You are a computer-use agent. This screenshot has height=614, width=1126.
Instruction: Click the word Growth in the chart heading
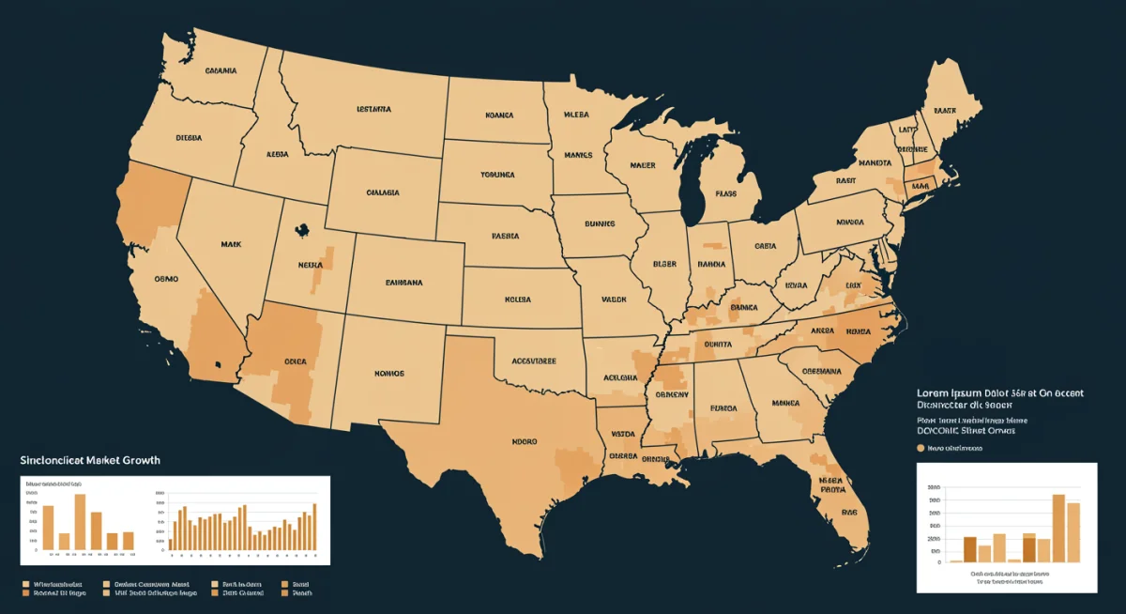point(137,460)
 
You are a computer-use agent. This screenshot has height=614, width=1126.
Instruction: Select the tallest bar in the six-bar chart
point(80,521)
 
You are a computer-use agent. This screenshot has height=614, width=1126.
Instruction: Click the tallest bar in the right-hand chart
point(1058,528)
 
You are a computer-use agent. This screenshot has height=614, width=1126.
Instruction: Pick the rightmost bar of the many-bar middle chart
point(314,527)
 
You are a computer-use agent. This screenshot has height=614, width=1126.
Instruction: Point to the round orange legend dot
point(920,449)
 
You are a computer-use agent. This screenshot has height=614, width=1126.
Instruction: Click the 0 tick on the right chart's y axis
point(938,562)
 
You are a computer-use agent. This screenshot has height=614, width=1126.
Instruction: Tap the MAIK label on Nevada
point(231,244)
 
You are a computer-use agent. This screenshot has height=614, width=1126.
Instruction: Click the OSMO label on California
point(166,279)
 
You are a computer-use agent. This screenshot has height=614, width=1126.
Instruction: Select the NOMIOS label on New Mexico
point(388,373)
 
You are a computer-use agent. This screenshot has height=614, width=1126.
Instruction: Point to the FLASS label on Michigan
point(726,194)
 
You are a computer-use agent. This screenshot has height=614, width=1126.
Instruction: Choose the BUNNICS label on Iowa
point(599,224)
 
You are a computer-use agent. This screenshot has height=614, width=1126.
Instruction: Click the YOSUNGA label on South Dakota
point(497,175)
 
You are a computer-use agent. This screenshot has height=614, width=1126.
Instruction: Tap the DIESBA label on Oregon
point(189,137)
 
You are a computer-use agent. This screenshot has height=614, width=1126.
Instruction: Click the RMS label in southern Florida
point(849,513)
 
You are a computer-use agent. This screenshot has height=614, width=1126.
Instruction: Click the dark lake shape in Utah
point(301,228)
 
